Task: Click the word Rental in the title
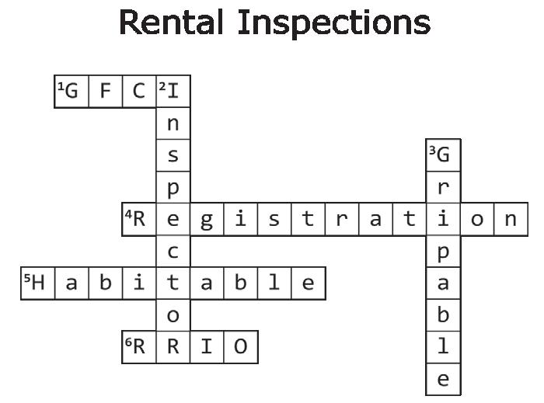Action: (x=171, y=23)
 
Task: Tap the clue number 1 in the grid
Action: (x=61, y=86)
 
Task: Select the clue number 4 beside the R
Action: (x=128, y=214)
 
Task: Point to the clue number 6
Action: (x=128, y=342)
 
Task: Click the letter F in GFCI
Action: (x=106, y=91)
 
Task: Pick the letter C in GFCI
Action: (x=139, y=91)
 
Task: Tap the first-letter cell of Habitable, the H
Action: (x=38, y=283)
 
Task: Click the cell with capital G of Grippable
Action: (x=444, y=155)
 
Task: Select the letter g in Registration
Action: (x=207, y=219)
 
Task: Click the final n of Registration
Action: (x=511, y=219)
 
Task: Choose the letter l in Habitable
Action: (x=274, y=283)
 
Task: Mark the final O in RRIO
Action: (x=241, y=347)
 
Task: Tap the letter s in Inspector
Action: (x=173, y=155)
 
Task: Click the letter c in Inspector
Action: (x=173, y=252)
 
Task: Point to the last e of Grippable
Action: (x=444, y=379)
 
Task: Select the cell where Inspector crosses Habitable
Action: (x=173, y=283)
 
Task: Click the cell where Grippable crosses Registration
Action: (x=444, y=219)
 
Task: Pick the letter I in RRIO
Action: (x=207, y=347)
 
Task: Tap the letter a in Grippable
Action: (x=444, y=283)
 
